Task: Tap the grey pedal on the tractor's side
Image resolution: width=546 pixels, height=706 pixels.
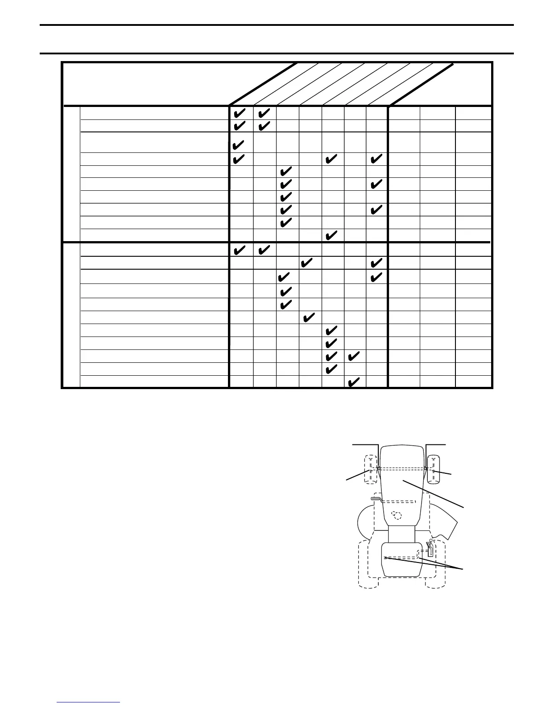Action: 375,498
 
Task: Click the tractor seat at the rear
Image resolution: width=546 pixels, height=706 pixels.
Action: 401,560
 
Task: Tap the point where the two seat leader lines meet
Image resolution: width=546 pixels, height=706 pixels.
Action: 462,568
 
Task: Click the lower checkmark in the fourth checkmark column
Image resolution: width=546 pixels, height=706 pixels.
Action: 307,318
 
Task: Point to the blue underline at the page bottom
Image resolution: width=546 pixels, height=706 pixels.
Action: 89,702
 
